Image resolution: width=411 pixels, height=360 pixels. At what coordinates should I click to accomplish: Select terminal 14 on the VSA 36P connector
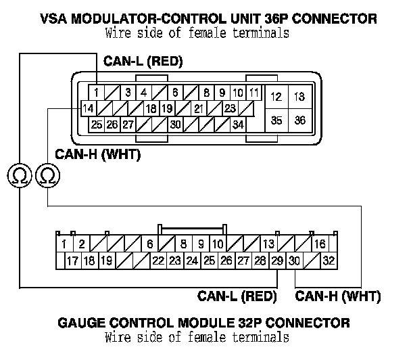pyautogui.click(x=87, y=108)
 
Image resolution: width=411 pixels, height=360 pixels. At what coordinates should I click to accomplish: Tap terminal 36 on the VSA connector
pyautogui.click(x=299, y=120)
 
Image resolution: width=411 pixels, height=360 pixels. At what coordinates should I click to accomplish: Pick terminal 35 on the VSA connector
pyautogui.click(x=276, y=120)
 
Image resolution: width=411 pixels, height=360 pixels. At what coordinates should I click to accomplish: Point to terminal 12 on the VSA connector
pyautogui.click(x=276, y=97)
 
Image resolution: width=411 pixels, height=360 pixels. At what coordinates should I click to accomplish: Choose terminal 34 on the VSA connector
pyautogui.click(x=238, y=125)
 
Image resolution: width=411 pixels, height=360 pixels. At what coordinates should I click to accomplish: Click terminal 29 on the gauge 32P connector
pyautogui.click(x=277, y=261)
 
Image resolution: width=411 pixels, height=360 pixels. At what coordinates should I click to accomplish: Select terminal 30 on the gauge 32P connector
pyautogui.click(x=295, y=261)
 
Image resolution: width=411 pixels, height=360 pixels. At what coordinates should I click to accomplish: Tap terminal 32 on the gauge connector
pyautogui.click(x=329, y=261)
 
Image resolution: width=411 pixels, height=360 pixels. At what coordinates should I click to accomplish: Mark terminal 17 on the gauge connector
pyautogui.click(x=72, y=261)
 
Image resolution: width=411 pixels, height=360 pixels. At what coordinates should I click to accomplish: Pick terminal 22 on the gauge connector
pyautogui.click(x=158, y=261)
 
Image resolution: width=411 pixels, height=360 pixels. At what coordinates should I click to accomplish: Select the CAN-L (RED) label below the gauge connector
pyautogui.click(x=237, y=296)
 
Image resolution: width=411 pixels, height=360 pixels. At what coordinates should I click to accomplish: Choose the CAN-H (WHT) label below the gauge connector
pyautogui.click(x=339, y=296)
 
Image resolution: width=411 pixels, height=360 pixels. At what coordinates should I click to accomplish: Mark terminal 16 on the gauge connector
pyautogui.click(x=319, y=244)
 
